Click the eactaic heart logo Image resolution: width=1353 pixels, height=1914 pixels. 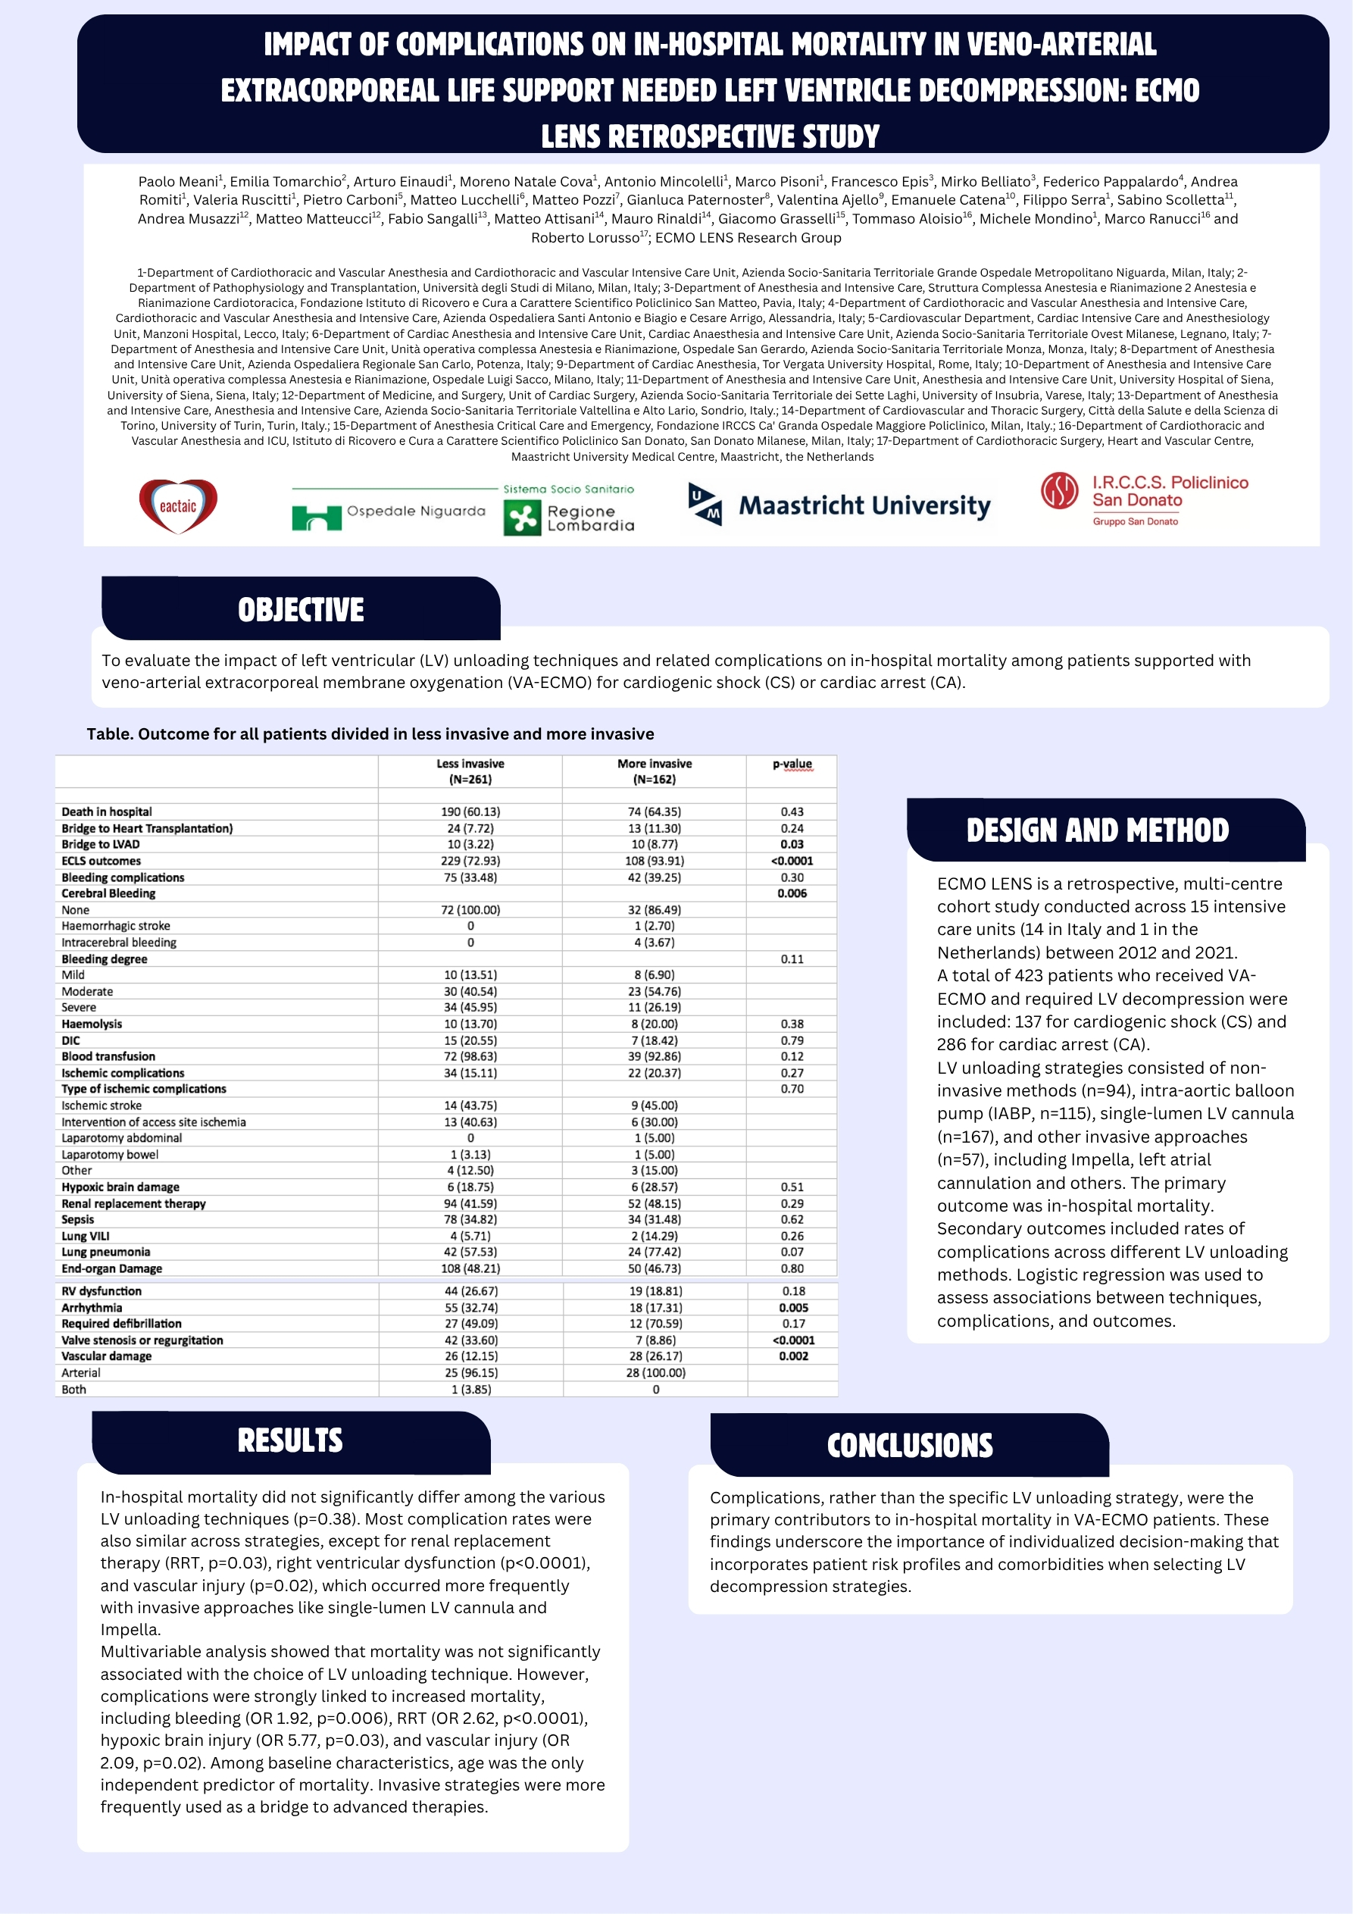point(177,506)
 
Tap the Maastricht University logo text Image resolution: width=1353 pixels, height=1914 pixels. point(864,506)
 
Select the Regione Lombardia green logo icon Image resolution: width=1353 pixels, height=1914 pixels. point(523,518)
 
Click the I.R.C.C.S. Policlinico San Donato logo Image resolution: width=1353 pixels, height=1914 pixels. point(1144,499)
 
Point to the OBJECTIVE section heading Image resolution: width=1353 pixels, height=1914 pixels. point(301,610)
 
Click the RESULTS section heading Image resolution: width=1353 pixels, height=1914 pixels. point(290,1440)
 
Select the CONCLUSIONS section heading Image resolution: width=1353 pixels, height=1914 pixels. point(910,1446)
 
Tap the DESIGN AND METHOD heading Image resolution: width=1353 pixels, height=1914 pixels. point(1097,830)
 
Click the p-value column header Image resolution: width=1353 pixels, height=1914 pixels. point(792,764)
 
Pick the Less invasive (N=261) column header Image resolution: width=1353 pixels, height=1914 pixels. point(470,771)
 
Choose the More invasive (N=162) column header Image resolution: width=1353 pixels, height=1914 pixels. point(655,771)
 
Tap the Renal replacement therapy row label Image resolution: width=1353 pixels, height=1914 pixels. point(133,1204)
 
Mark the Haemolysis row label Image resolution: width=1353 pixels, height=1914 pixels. point(92,1024)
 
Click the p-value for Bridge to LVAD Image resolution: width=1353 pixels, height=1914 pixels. point(792,844)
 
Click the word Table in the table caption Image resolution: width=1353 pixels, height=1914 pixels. point(109,733)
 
